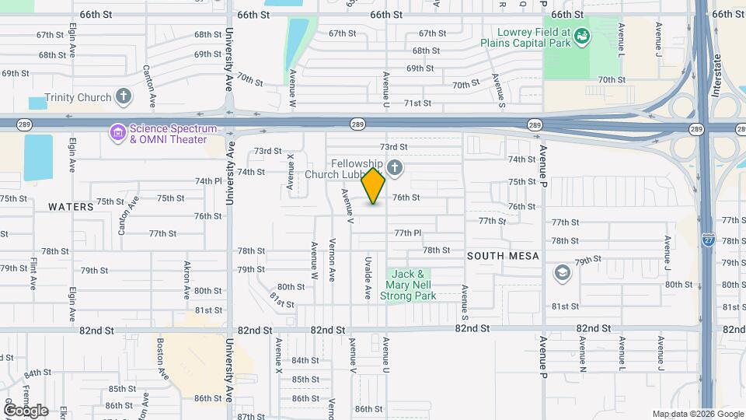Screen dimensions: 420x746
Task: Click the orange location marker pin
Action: point(374,186)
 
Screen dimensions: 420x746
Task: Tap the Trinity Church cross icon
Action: point(123,97)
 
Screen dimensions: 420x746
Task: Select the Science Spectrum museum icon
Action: point(118,133)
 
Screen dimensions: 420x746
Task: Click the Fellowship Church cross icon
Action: point(395,168)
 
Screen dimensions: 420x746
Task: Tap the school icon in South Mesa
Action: point(562,273)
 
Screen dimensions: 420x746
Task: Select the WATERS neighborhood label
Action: point(71,207)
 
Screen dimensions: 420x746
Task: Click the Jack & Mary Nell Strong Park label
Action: point(408,285)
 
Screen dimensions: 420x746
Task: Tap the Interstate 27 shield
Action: point(709,240)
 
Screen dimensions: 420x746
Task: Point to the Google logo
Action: point(26,410)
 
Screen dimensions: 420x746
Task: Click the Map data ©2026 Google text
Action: point(698,414)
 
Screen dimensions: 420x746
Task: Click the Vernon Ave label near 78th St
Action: point(333,259)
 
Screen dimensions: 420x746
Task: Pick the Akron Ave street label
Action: point(186,281)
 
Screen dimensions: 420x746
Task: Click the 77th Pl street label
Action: point(407,233)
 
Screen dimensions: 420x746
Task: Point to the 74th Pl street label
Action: point(208,180)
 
